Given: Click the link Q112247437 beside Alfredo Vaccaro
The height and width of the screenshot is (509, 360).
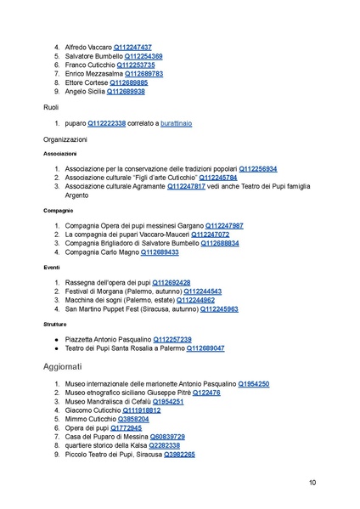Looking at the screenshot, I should pyautogui.click(x=127, y=47).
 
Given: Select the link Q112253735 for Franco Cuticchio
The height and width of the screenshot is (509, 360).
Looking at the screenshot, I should pyautogui.click(x=130, y=65).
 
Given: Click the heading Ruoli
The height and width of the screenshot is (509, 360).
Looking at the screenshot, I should pyautogui.click(x=53, y=107).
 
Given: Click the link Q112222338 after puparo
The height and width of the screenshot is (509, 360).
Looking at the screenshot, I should pyautogui.click(x=106, y=123).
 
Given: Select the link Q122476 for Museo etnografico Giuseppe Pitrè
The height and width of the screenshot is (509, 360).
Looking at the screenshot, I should pyautogui.click(x=206, y=393).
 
